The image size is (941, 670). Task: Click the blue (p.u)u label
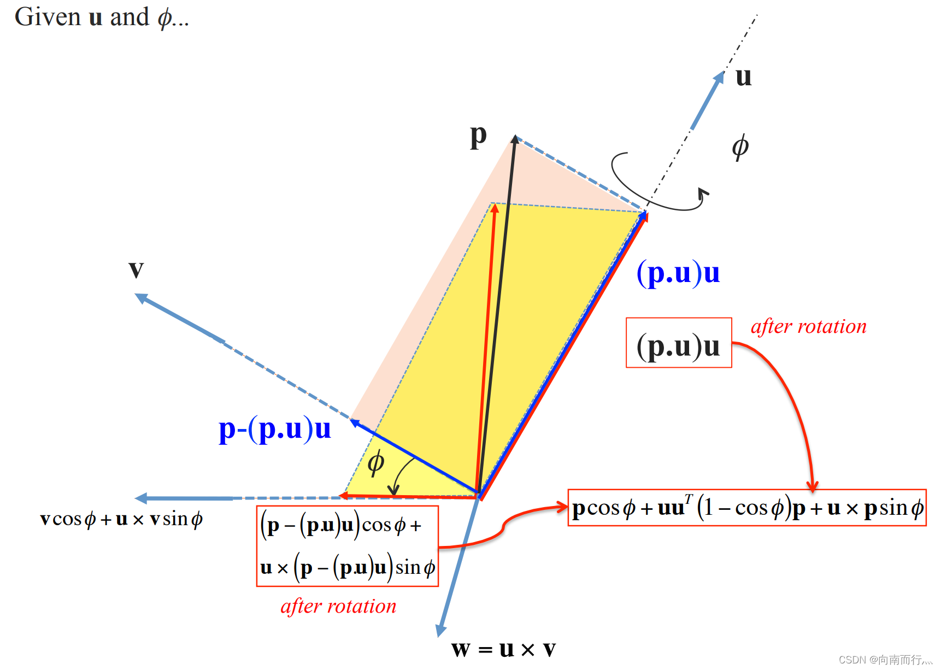(678, 273)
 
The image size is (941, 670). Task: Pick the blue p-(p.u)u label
(274, 429)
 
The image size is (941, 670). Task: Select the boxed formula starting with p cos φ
(747, 508)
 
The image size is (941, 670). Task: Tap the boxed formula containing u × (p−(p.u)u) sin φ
(348, 546)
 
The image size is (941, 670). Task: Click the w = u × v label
(503, 649)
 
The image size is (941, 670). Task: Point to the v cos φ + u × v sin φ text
(121, 519)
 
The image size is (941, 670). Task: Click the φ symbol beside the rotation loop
(740, 147)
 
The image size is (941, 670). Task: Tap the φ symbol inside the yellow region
(376, 463)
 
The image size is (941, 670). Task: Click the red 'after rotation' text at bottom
(338, 606)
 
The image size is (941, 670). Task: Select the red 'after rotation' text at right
(808, 327)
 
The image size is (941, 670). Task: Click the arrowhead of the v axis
(140, 297)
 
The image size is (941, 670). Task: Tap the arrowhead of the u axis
(720, 76)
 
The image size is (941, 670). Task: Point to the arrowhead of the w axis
(440, 632)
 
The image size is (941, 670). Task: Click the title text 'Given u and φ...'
(102, 17)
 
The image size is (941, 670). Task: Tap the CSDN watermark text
(885, 660)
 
